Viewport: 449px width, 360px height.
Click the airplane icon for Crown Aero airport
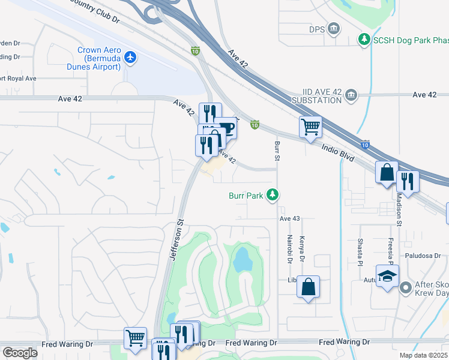click(x=131, y=57)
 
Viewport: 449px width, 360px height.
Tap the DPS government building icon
click(x=334, y=29)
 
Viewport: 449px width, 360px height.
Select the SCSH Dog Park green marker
click(x=364, y=40)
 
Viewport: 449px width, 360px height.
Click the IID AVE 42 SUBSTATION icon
click(x=351, y=95)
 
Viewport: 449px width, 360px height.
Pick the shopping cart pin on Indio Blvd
click(x=310, y=127)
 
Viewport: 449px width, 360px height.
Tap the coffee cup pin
click(x=226, y=127)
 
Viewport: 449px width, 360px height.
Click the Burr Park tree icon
click(x=273, y=195)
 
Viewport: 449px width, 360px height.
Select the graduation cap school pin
click(x=387, y=277)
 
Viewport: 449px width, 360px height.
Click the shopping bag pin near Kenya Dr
click(x=308, y=286)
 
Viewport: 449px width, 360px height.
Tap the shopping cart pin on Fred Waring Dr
click(x=135, y=337)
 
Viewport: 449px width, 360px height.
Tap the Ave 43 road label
click(x=289, y=219)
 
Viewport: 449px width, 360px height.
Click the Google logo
click(x=20, y=353)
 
